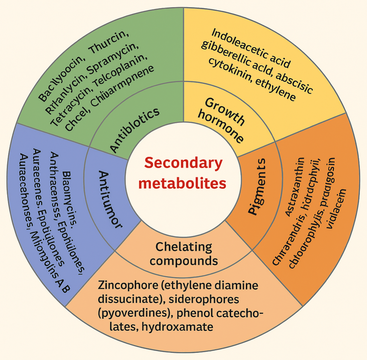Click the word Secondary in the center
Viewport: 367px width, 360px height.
[183, 164]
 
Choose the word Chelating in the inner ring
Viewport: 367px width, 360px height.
[184, 247]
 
